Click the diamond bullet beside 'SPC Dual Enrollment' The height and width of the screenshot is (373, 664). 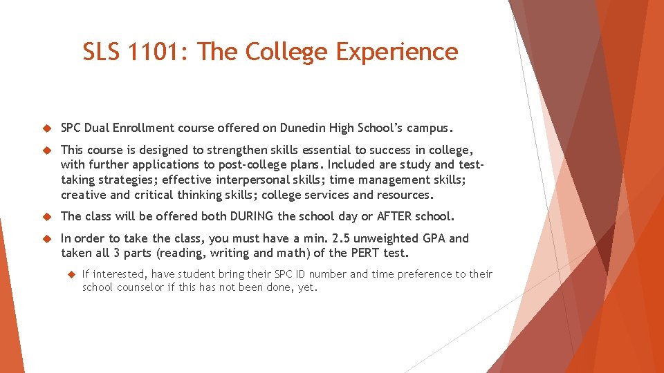48,128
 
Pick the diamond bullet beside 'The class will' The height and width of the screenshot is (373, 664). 48,217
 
